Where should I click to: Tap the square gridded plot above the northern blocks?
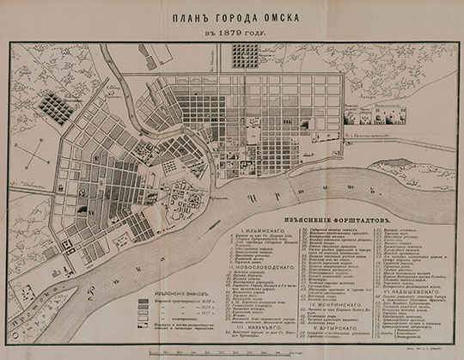click(x=245, y=56)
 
